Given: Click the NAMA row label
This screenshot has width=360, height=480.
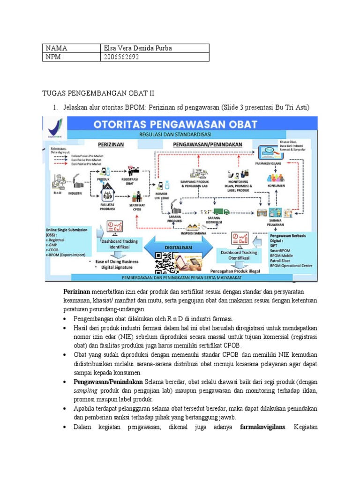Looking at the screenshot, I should coord(57,48).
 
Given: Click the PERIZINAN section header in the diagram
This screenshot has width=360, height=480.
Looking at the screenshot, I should coord(110,145).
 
